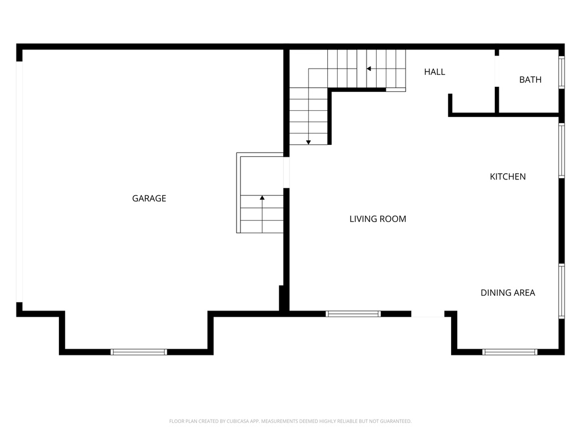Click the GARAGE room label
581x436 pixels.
(x=149, y=198)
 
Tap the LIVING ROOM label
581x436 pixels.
(x=377, y=219)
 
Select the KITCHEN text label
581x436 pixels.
(x=507, y=177)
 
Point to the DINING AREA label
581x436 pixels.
(x=507, y=293)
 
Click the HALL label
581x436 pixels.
(x=435, y=72)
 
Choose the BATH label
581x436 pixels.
(x=530, y=79)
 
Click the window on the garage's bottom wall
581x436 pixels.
(x=139, y=352)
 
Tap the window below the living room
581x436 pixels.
(x=353, y=313)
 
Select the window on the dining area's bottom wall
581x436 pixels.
(x=510, y=352)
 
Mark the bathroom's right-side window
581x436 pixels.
(x=562, y=72)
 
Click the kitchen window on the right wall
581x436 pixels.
(x=562, y=151)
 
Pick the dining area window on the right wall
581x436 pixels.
(x=562, y=291)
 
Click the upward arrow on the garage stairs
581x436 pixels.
(x=262, y=198)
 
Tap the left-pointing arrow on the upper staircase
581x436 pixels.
(x=369, y=69)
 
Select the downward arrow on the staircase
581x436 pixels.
(x=308, y=141)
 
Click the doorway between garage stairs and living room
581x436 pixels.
(x=287, y=172)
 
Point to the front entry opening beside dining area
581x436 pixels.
(x=428, y=313)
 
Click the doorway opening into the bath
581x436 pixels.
(x=496, y=71)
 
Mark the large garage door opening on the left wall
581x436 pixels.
(x=19, y=181)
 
